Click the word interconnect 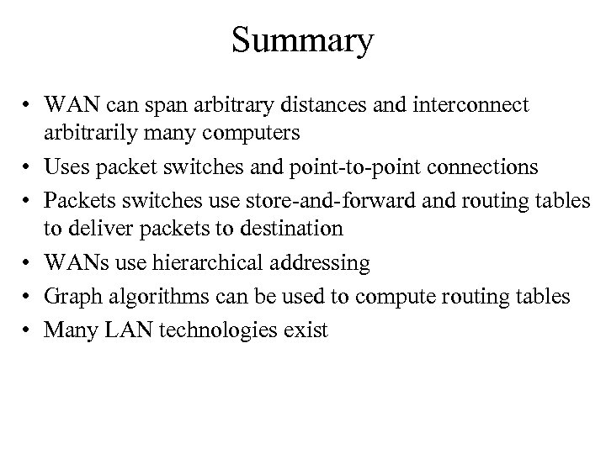476,105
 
